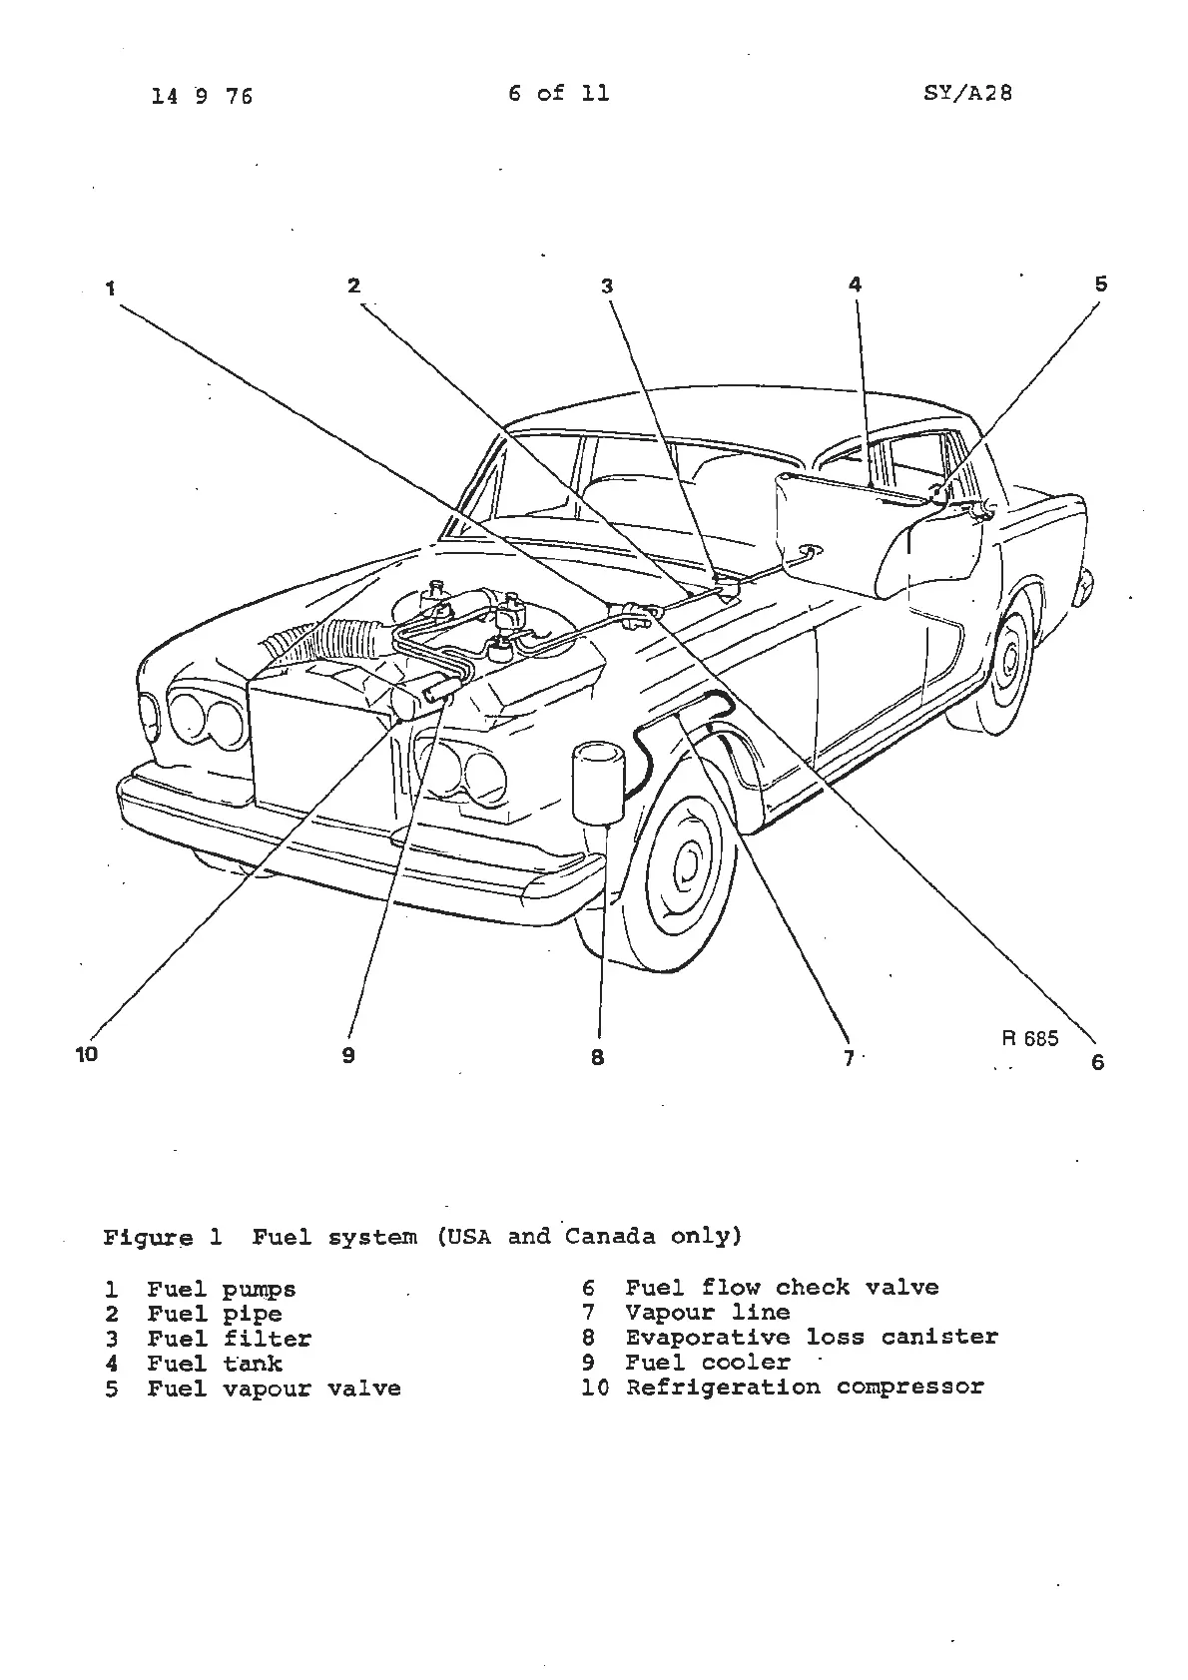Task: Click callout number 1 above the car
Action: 110,288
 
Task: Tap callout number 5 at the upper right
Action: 1100,284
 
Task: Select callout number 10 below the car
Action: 88,1053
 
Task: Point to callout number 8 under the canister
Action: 597,1057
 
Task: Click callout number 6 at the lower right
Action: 1098,1061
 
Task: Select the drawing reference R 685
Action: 1029,1038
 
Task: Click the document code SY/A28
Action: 967,94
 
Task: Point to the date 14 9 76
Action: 203,96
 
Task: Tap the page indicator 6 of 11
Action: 558,94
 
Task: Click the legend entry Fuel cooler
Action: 707,1363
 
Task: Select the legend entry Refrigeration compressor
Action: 804,1388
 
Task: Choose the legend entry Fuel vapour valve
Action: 274,1389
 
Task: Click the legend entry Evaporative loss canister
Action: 811,1338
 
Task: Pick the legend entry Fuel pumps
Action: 221,1290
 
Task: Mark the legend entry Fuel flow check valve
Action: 782,1288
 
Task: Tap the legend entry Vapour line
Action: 707,1313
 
